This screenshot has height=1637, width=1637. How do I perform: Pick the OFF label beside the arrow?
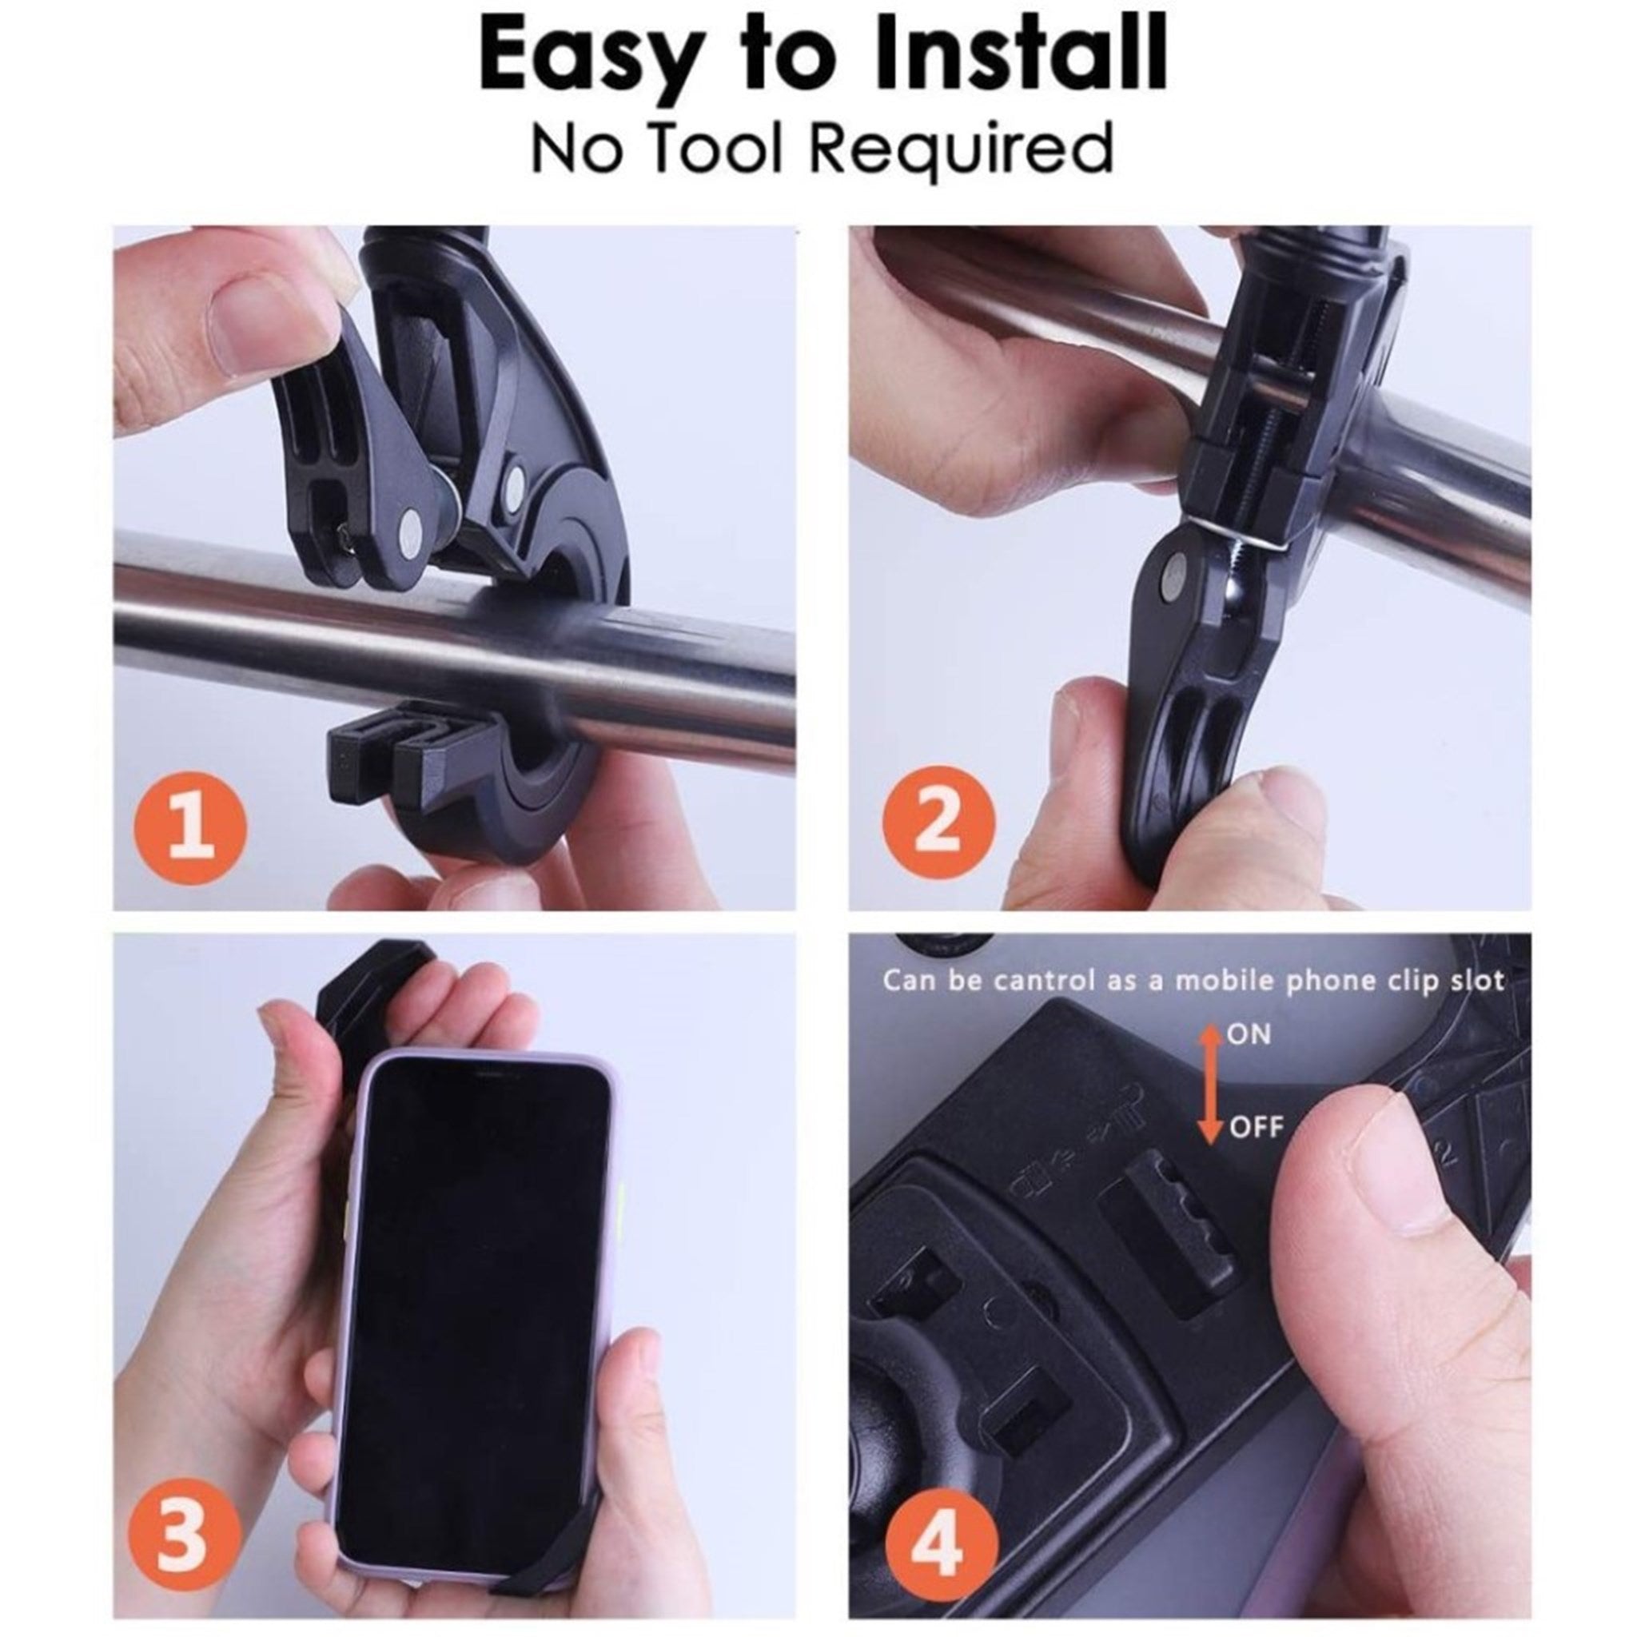(1257, 1128)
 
